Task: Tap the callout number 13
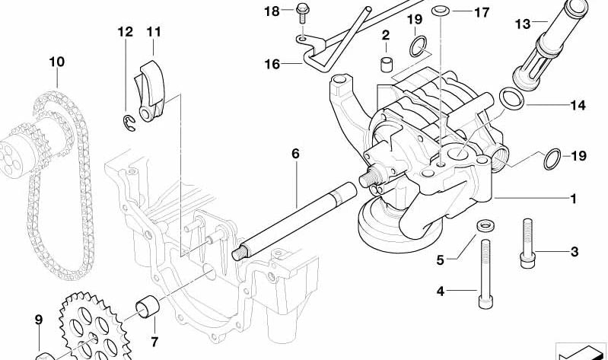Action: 521,24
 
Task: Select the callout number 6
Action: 296,154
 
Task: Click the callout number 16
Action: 272,65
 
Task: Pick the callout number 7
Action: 154,342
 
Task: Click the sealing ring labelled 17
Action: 439,11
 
